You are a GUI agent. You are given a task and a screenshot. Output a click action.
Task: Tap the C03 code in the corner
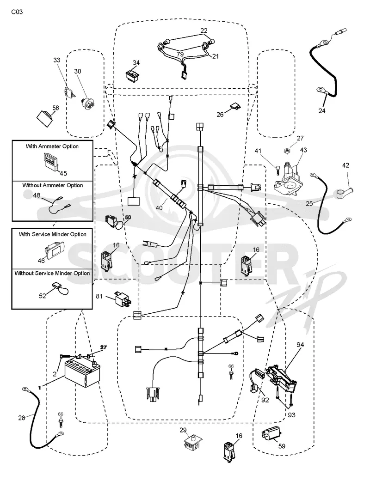(x=17, y=12)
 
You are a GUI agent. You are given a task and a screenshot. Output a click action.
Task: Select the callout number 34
(x=136, y=62)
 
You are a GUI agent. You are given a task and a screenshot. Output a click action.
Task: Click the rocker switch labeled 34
(x=133, y=75)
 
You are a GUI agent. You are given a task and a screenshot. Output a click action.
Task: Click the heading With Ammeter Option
(x=52, y=146)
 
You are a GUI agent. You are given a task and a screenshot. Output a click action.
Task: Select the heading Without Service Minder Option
(x=52, y=273)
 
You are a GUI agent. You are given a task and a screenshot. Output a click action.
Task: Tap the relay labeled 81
(x=123, y=299)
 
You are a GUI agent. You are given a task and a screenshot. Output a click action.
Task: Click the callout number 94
(x=300, y=345)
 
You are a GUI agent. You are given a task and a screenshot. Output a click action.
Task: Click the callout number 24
(x=321, y=110)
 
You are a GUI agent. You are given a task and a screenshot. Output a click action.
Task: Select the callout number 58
(x=55, y=108)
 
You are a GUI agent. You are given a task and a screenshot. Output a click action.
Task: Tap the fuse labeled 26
(x=235, y=107)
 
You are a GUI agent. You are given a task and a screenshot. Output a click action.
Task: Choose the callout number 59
(x=282, y=446)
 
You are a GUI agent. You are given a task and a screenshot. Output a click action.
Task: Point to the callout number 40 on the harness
(x=159, y=208)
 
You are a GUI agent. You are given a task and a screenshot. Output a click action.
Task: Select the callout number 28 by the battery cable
(x=21, y=418)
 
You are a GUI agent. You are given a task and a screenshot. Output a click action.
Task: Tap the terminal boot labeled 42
(x=343, y=193)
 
